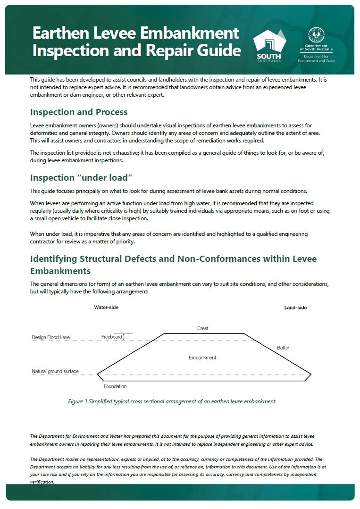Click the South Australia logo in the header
point(269,43)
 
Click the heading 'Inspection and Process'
point(78,112)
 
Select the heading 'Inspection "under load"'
point(81,178)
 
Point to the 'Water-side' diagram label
point(106,308)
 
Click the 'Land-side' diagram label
point(295,308)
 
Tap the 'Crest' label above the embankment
point(202,328)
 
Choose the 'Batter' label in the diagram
point(283,348)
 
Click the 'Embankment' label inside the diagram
point(202,358)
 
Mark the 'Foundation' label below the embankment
point(115,386)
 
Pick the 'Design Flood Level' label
point(51,338)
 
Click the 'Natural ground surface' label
point(55,372)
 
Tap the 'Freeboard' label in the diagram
point(111,337)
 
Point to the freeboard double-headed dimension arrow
point(124,337)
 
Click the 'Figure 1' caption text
point(172,401)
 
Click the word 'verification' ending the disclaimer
point(42,482)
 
